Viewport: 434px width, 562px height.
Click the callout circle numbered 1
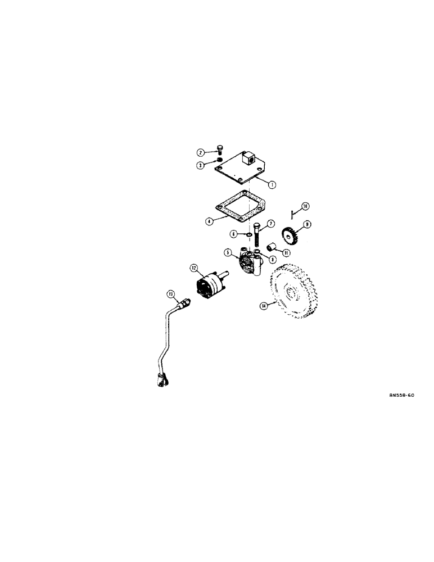(x=272, y=184)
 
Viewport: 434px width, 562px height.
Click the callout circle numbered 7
(x=270, y=224)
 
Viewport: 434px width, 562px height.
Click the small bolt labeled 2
(x=220, y=149)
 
